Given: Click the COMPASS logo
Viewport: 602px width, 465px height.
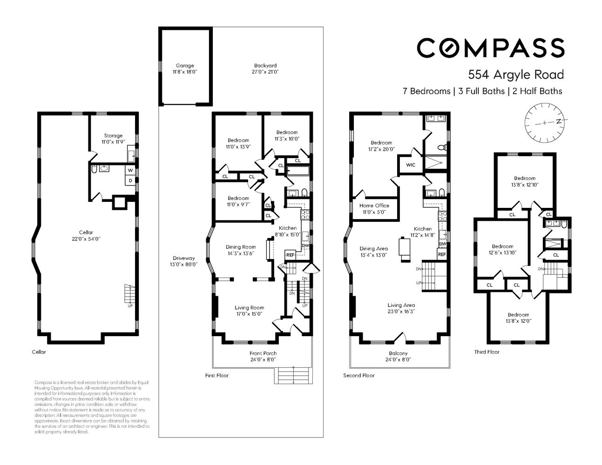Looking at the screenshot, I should pyautogui.click(x=490, y=48).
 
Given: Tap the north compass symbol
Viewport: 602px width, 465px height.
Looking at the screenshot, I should pyautogui.click(x=545, y=122).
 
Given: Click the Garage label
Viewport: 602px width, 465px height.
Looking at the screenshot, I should pyautogui.click(x=185, y=66).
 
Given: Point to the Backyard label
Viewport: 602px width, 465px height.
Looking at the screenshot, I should pyautogui.click(x=265, y=66).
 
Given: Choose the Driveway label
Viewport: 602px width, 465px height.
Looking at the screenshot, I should pyautogui.click(x=183, y=258).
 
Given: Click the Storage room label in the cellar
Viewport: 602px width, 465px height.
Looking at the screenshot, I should pyautogui.click(x=113, y=136).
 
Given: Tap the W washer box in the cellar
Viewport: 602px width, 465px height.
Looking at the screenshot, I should pyautogui.click(x=130, y=170).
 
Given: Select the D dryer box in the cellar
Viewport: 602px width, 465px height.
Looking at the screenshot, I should pyautogui.click(x=130, y=180).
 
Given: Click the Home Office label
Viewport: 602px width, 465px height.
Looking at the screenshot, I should pyautogui.click(x=374, y=206).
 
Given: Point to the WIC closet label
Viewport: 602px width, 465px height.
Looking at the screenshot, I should pyautogui.click(x=410, y=165).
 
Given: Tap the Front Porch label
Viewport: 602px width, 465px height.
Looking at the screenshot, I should pyautogui.click(x=263, y=353).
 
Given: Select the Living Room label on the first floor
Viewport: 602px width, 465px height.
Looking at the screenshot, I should pyautogui.click(x=249, y=307).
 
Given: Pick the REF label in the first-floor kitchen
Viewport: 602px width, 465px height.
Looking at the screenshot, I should pyautogui.click(x=290, y=255).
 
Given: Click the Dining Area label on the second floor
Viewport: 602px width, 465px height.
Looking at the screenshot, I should pyautogui.click(x=373, y=249).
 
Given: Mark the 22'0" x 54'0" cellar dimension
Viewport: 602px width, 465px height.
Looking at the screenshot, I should pyautogui.click(x=86, y=239).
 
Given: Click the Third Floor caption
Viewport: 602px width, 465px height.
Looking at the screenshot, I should pyautogui.click(x=487, y=352).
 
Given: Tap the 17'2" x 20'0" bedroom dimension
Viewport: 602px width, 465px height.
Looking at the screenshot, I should pyautogui.click(x=381, y=149).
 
